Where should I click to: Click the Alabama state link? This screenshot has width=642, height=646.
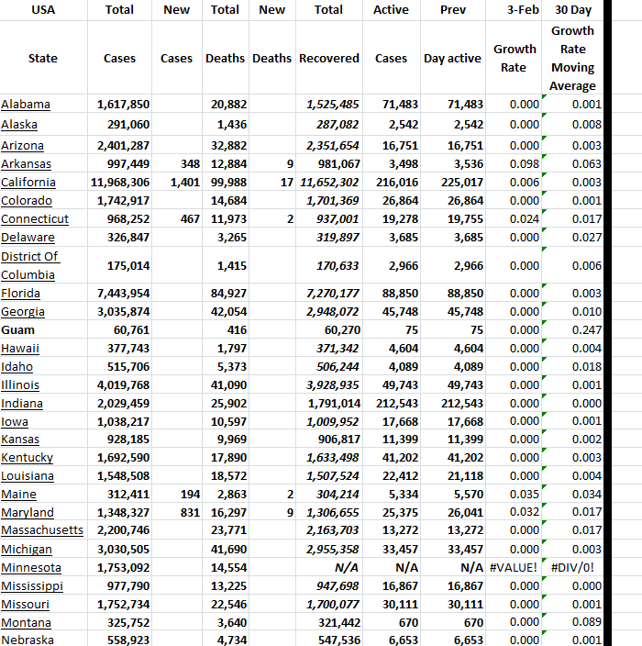[x=26, y=105]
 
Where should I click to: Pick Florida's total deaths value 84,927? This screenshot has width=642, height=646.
[x=228, y=294]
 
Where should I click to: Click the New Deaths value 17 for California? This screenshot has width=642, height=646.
[x=286, y=183]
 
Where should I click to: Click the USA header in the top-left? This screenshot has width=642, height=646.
[x=43, y=10]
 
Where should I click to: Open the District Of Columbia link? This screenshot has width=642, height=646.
[x=30, y=265]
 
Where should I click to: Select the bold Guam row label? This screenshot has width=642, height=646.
[x=18, y=330]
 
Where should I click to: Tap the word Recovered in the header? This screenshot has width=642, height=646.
[x=329, y=58]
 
